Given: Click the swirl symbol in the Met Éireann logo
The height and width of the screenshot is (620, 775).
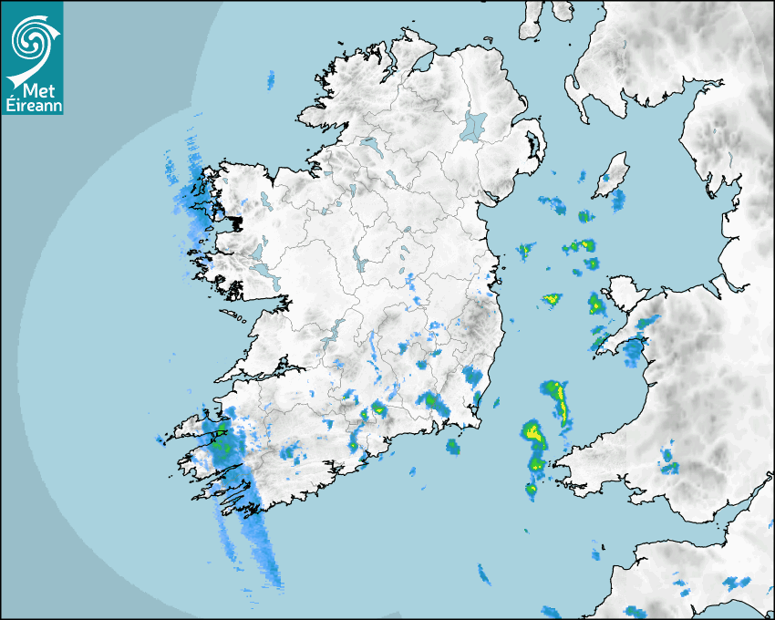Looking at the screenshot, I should point(29,38).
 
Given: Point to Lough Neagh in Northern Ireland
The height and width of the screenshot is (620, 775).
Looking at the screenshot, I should point(475,126).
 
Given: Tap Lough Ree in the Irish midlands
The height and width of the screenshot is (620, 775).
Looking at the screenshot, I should point(360,263).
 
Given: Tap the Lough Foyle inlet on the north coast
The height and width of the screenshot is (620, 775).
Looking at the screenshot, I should point(421,65).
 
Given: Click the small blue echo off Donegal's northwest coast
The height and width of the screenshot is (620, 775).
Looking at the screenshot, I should point(271,80).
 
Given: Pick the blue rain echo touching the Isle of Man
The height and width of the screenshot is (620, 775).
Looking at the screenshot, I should point(618,200).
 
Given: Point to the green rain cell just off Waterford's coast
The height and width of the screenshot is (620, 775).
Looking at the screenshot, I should point(452,446).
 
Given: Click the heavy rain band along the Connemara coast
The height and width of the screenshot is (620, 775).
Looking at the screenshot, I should point(193,205).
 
